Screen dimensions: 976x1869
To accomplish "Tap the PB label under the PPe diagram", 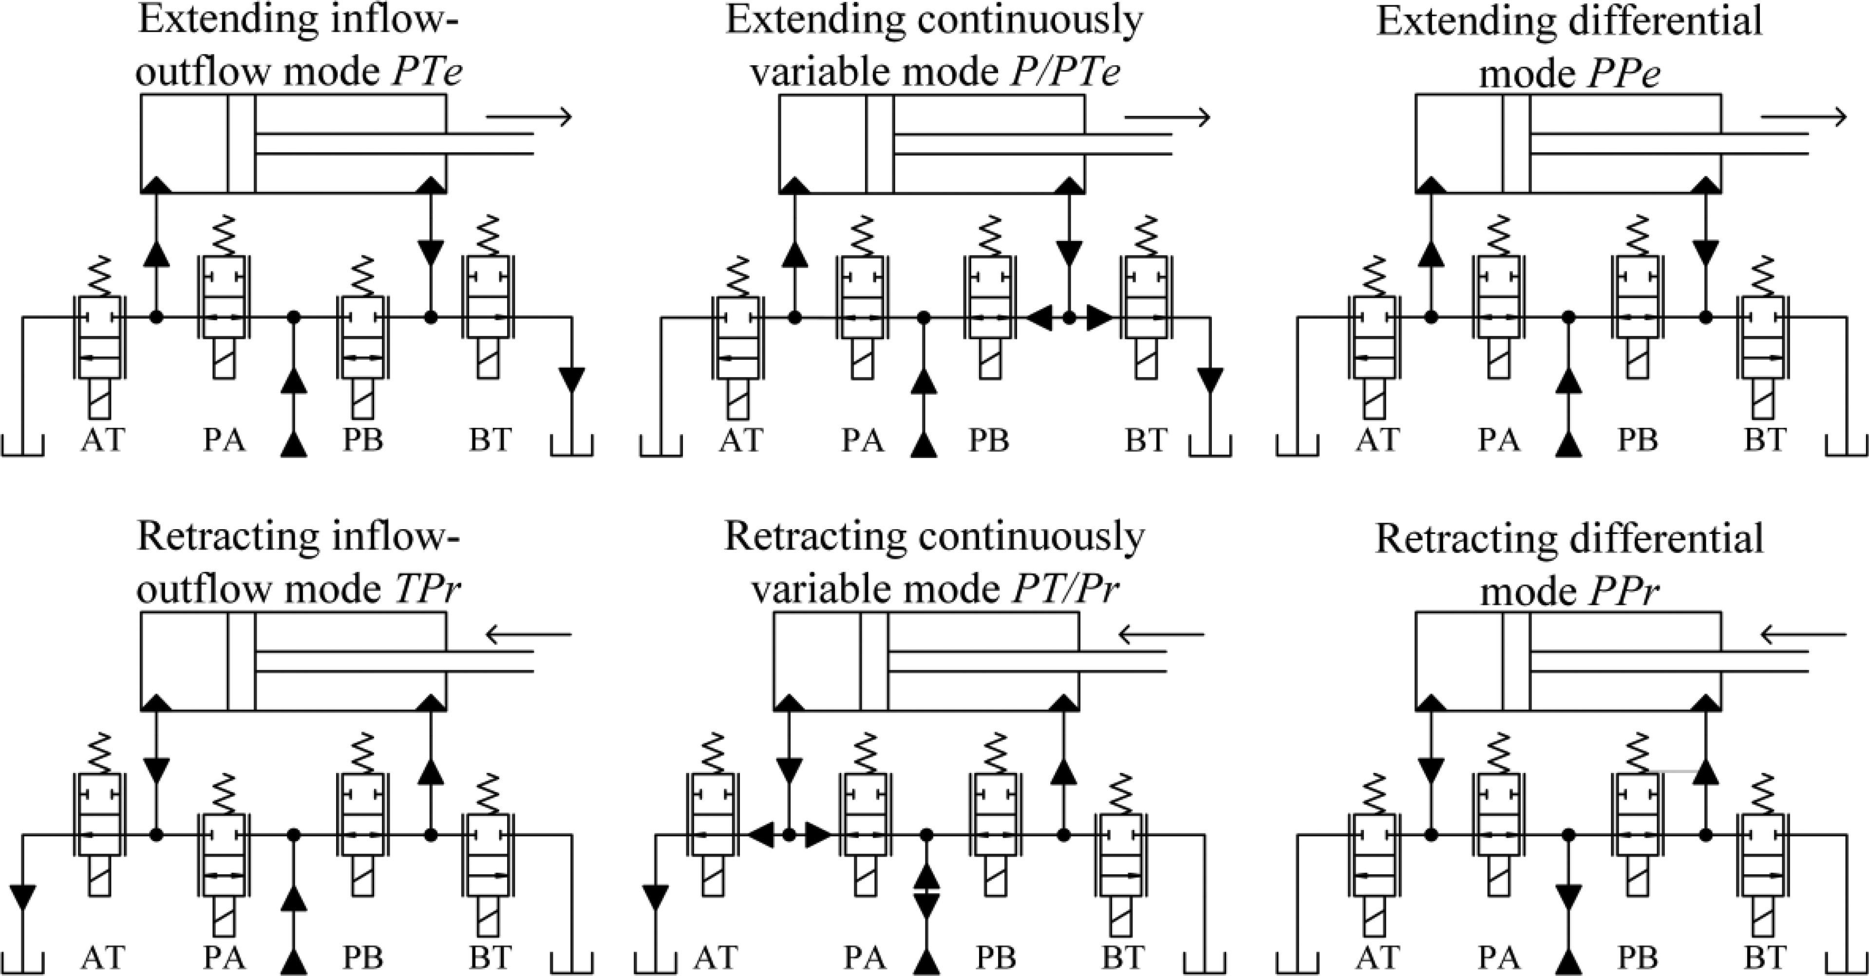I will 1638,440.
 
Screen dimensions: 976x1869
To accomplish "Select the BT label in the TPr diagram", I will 491,957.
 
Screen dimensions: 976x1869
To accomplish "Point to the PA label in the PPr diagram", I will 1499,957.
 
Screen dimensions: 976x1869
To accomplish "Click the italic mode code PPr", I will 1624,591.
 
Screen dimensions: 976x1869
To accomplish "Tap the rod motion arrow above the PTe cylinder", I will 529,116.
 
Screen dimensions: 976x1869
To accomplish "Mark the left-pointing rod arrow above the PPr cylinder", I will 1804,635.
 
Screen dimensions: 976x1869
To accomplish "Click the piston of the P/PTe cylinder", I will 879,144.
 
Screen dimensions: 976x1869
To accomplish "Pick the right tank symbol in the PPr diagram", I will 1847,963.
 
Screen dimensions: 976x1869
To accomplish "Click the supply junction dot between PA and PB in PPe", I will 1568,317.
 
